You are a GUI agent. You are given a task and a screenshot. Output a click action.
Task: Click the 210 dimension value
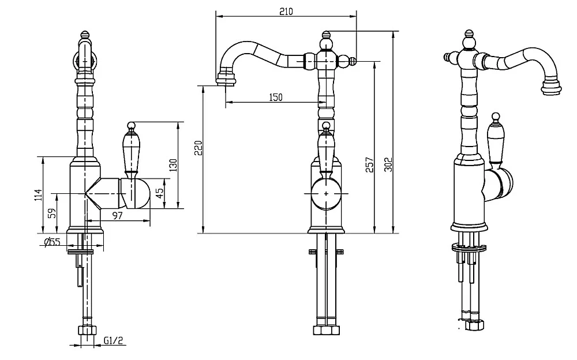pos(286,12)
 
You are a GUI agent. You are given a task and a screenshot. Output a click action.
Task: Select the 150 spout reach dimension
pos(276,97)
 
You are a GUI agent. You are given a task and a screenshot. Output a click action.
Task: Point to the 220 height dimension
pos(198,148)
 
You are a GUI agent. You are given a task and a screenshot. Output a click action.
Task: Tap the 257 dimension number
pos(369,165)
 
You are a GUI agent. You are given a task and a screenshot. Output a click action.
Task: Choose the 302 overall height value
pos(388,164)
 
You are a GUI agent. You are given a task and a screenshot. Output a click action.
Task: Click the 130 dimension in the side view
pos(173,165)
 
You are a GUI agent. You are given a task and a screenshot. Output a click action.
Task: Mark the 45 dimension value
pos(160,193)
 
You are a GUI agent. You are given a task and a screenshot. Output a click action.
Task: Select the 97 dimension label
pos(117,216)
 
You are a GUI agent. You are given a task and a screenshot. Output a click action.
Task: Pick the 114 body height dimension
pos(38,195)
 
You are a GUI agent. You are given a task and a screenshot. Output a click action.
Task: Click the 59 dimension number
pos(53,213)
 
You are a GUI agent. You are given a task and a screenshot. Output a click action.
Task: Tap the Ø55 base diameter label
pos(52,242)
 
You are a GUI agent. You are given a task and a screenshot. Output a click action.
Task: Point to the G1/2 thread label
pos(113,340)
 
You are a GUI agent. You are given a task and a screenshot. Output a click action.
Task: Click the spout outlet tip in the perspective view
pos(552,88)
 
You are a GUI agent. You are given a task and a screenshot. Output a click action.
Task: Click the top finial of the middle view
pos(325,36)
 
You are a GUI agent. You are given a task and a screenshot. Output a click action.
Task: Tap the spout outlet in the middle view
pos(226,79)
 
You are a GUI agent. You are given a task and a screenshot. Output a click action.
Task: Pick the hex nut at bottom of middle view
pos(326,330)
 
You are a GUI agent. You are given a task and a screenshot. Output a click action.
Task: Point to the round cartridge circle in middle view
pos(326,193)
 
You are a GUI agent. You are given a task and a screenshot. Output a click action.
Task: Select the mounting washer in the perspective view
pos(469,247)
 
